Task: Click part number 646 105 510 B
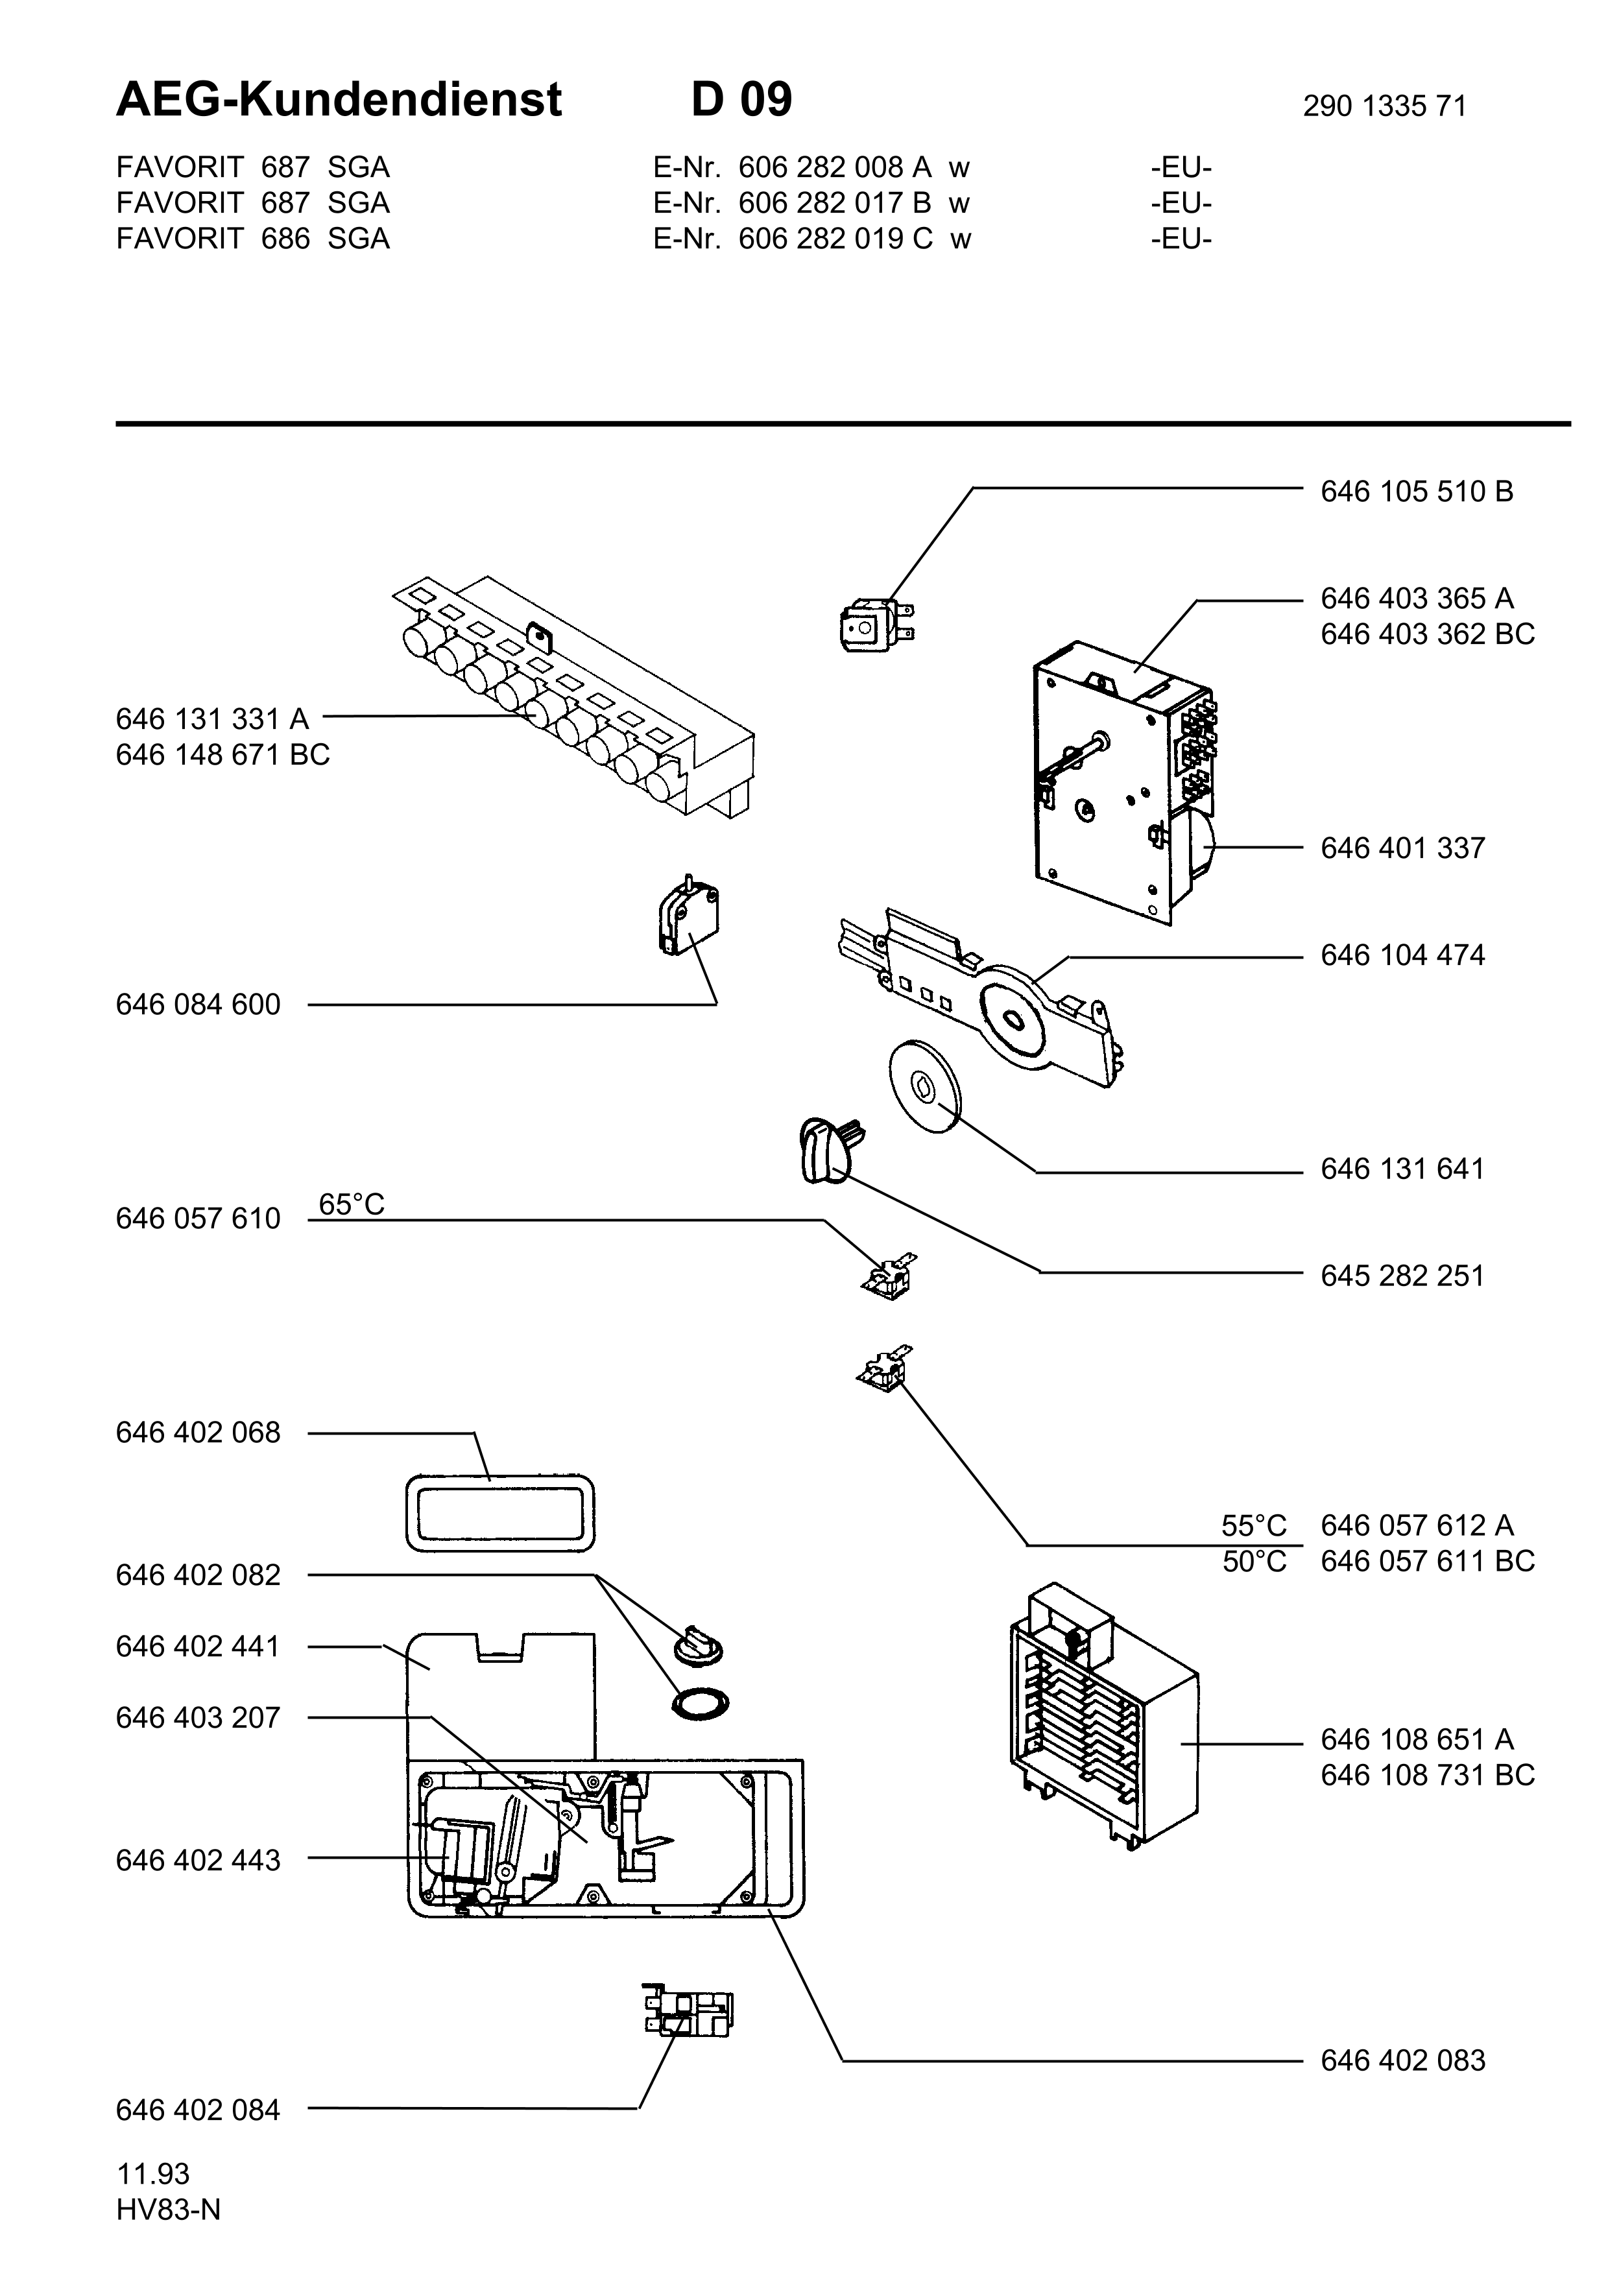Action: pos(1417,492)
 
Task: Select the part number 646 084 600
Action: pos(198,1005)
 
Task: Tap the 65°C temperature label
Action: pos(352,1204)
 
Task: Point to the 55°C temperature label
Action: pos(1254,1525)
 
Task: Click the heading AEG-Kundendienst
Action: pos(339,99)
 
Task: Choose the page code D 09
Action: pos(742,99)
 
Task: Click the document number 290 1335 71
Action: pos(1384,106)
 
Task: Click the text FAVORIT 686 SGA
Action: pos(252,239)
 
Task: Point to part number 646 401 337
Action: pos(1403,848)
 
